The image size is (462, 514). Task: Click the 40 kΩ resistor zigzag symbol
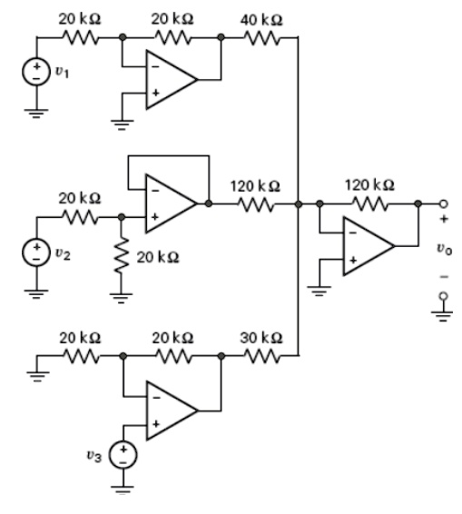(x=261, y=38)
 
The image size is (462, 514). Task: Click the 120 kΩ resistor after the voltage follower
(x=254, y=204)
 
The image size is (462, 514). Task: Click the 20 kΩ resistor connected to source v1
(x=80, y=38)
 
